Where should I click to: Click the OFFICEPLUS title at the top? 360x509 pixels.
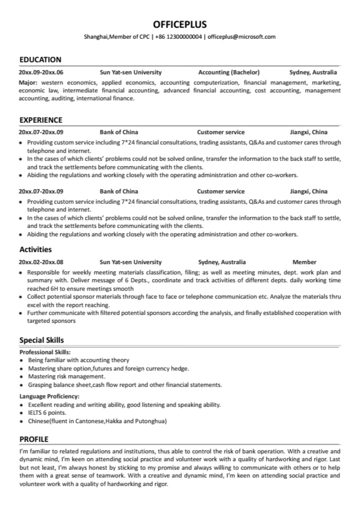tap(180, 24)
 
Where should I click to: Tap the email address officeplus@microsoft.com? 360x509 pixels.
tap(241, 37)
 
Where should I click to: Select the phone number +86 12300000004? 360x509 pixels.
tap(178, 37)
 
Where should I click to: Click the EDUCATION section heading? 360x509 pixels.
tap(40, 59)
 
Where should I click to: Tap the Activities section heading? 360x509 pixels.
tap(35, 249)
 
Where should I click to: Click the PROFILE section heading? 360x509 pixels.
tap(34, 439)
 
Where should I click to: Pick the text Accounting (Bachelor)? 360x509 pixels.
tap(229, 72)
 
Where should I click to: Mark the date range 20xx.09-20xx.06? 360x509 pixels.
tap(41, 72)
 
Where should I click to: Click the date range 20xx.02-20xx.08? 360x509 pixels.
tap(41, 262)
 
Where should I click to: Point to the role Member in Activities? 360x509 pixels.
tap(304, 262)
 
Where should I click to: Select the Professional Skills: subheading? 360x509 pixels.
tap(45, 352)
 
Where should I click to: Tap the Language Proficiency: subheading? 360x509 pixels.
tap(49, 396)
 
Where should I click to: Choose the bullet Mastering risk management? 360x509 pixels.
tap(67, 376)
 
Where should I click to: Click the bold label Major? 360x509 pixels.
tap(28, 83)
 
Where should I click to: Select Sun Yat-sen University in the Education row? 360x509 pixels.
tap(130, 72)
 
